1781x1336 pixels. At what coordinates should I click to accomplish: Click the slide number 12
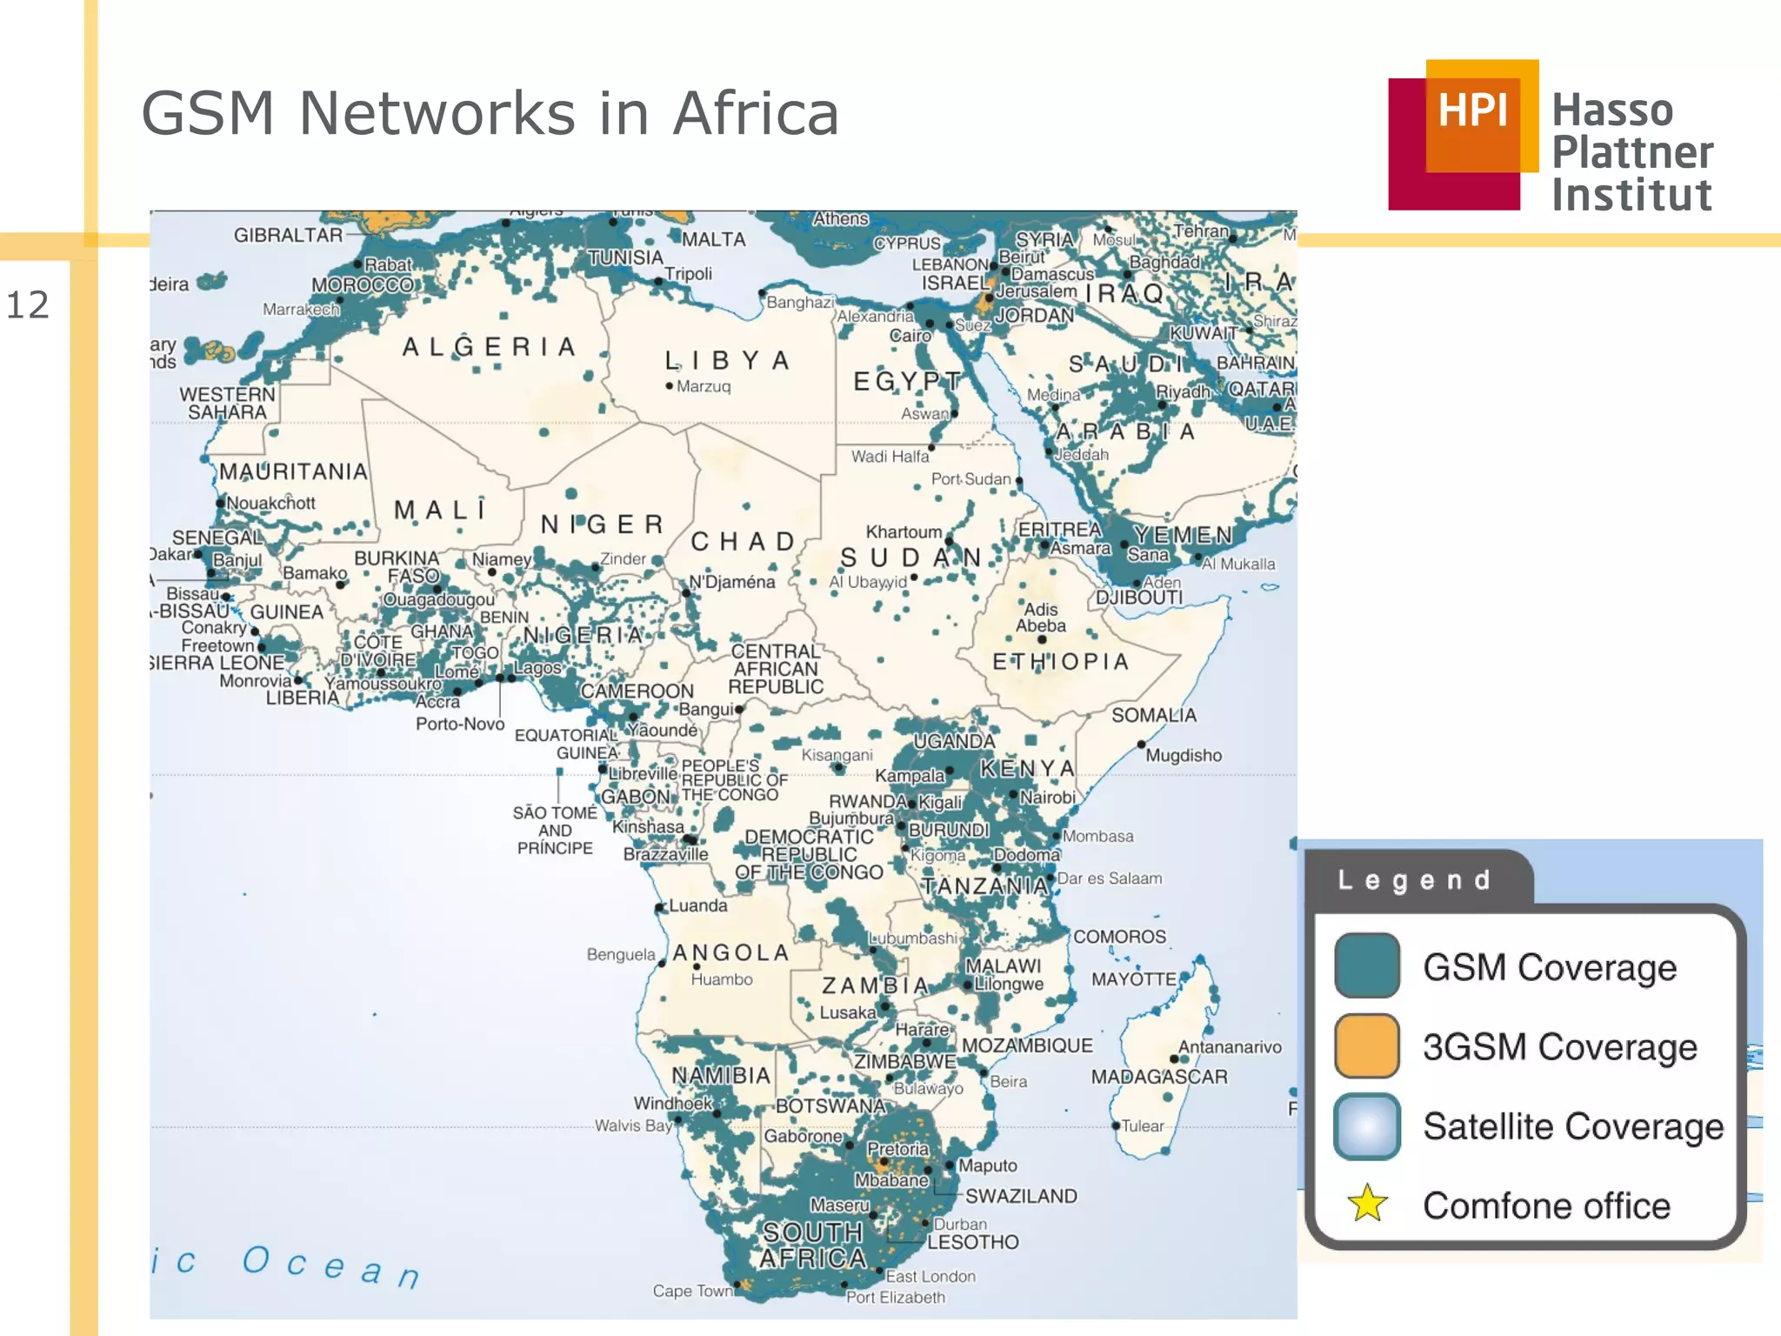(x=28, y=305)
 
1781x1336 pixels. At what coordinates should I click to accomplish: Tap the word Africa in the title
(x=756, y=114)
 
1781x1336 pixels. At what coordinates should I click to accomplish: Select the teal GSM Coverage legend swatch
(x=1367, y=965)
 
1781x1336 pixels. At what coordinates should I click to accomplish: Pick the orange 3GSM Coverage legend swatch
(x=1367, y=1045)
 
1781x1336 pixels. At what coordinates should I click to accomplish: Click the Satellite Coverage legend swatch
(x=1367, y=1126)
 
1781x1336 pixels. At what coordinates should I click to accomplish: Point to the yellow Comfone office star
(x=1367, y=1204)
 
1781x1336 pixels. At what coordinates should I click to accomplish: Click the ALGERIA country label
(x=490, y=347)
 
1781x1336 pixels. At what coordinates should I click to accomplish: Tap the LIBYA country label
(x=727, y=360)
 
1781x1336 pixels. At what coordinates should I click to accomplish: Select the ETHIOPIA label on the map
(x=1061, y=662)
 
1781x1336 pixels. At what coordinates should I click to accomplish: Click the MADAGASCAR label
(x=1159, y=1077)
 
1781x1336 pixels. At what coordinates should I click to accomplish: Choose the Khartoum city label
(x=904, y=531)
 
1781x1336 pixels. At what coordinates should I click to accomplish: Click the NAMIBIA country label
(x=721, y=1076)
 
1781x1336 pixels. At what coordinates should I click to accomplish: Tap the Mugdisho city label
(x=1184, y=755)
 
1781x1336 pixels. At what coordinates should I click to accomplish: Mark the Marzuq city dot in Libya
(x=669, y=386)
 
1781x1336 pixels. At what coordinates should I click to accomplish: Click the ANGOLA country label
(x=731, y=952)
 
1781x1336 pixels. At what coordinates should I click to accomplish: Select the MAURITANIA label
(x=293, y=471)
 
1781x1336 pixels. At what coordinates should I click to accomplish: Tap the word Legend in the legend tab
(x=1415, y=880)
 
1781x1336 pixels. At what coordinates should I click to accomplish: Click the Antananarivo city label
(x=1230, y=1047)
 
